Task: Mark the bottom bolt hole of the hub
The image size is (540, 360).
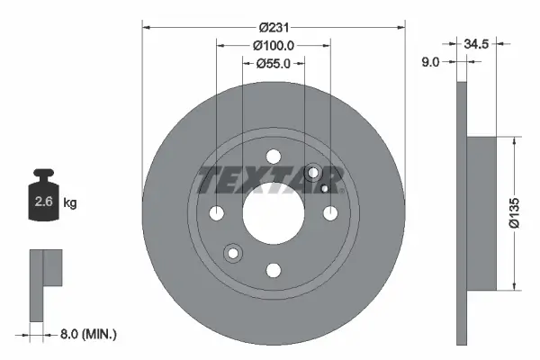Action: click(x=274, y=269)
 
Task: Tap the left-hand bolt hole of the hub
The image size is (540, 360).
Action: click(x=217, y=213)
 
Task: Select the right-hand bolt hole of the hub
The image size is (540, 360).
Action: click(x=330, y=213)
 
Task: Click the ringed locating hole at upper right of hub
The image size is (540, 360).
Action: click(x=314, y=173)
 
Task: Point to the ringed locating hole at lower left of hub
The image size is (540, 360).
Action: click(x=234, y=253)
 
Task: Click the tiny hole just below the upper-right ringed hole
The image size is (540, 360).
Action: click(x=324, y=189)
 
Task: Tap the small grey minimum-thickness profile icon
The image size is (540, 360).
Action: click(x=44, y=283)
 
